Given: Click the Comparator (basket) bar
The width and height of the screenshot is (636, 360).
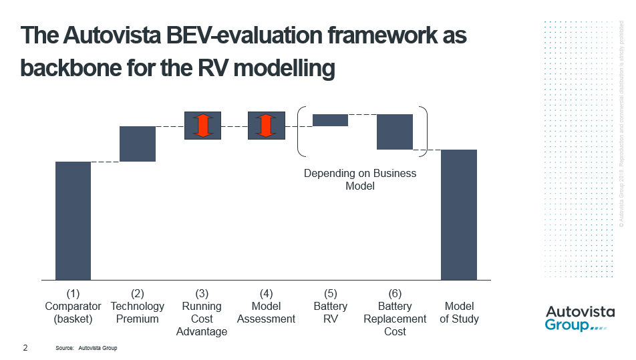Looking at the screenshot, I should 73,220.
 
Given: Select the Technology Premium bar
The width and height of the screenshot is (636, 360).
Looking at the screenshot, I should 138,144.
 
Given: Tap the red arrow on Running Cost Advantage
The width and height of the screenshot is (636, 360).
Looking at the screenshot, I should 202,126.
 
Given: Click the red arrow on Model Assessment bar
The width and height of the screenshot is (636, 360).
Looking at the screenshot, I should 266,126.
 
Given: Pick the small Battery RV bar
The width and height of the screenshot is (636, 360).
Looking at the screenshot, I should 330,120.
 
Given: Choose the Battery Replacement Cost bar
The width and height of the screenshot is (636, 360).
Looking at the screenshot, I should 395,132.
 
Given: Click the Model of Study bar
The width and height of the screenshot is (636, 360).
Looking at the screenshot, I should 459,214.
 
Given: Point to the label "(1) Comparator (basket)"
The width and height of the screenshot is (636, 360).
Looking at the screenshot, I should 73,306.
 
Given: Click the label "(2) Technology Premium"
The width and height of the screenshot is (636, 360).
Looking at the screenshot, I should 138,306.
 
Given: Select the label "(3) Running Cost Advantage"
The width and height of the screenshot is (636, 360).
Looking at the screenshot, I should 202,312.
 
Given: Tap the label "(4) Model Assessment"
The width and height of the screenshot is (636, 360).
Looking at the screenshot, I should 266,306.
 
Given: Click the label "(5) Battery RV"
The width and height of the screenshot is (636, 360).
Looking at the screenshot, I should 330,306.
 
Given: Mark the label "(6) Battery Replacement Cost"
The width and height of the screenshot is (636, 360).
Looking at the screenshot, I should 395,312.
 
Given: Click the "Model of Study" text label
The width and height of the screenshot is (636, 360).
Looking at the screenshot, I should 459,313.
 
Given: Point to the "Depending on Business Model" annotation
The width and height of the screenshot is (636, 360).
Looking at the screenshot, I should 360,179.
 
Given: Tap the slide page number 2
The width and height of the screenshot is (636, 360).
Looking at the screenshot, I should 25,348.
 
